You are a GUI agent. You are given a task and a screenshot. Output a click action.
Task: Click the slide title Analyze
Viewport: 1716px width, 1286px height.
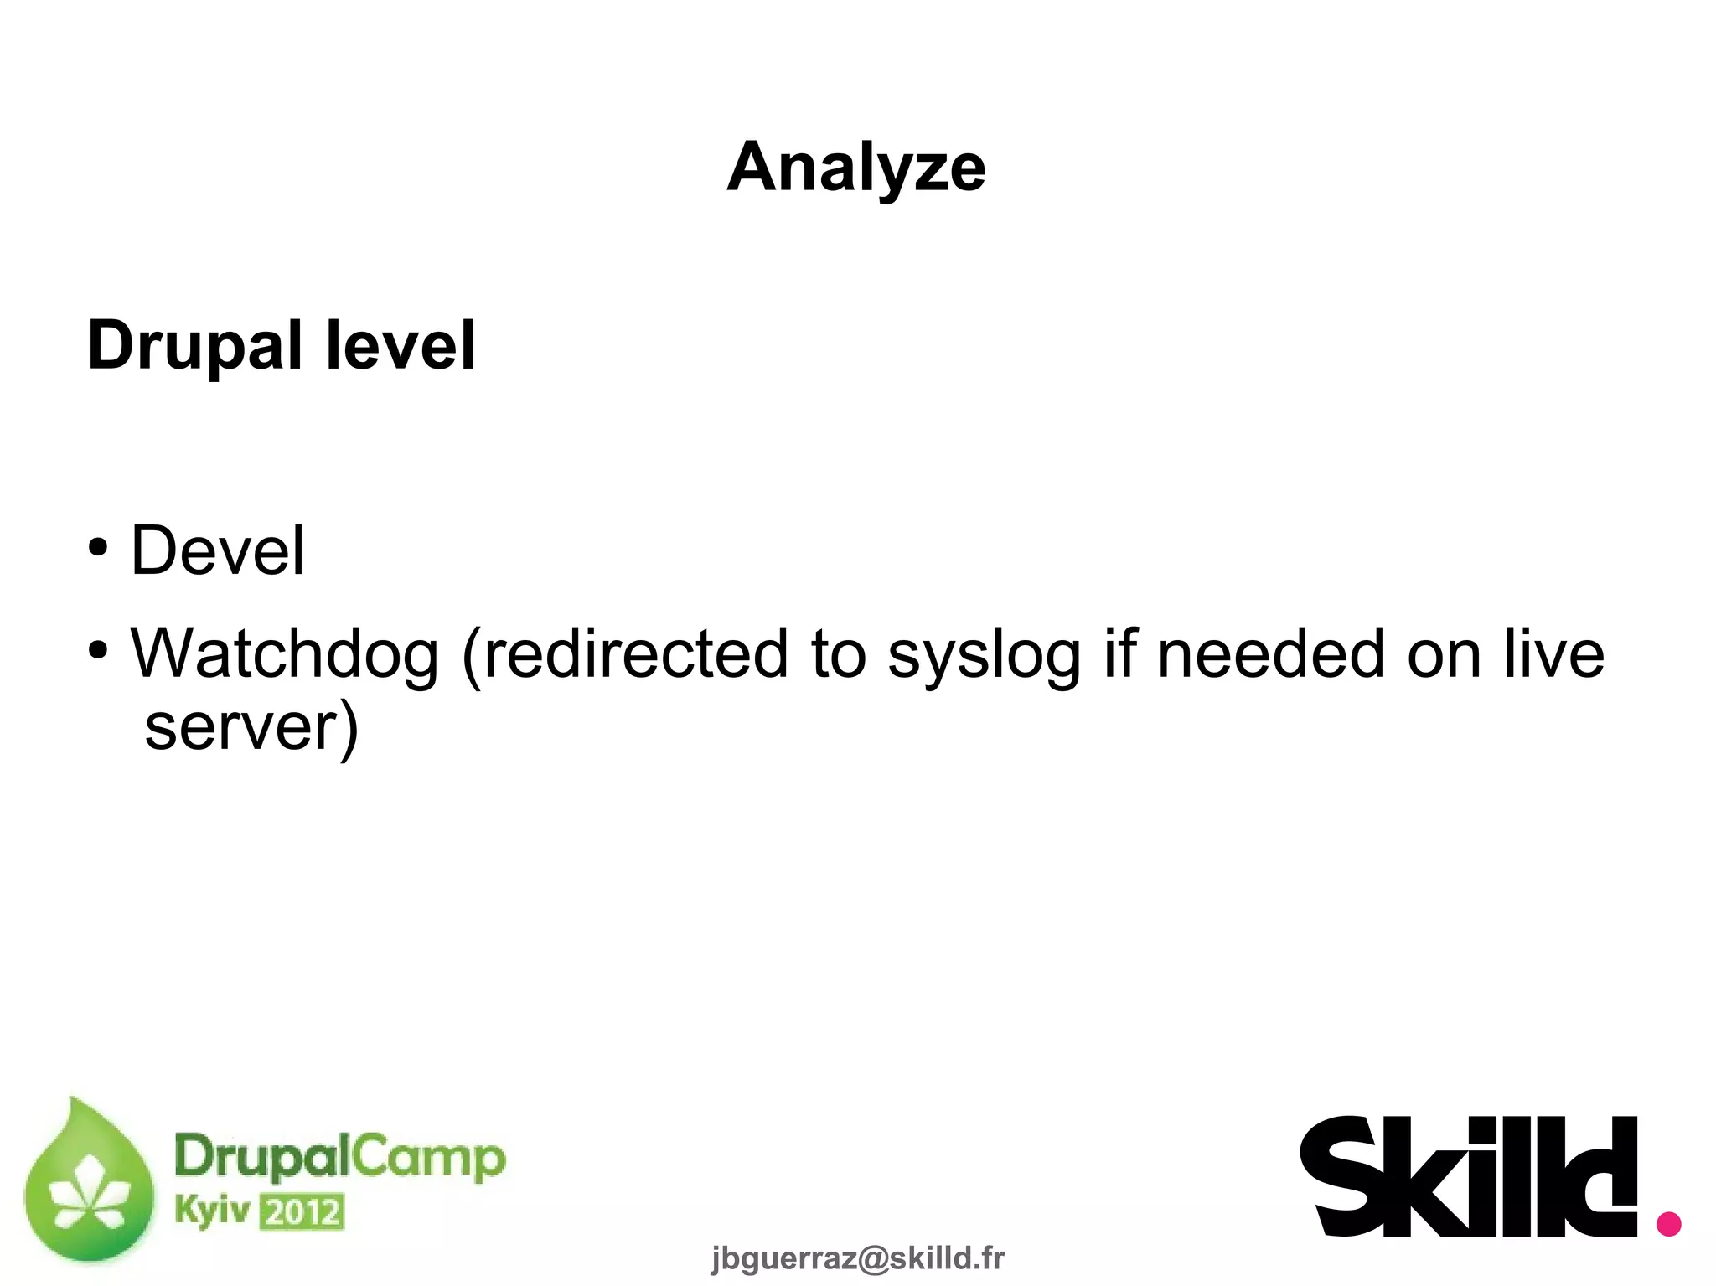(x=856, y=168)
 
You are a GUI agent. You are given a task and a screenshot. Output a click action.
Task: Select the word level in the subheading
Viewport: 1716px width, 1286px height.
(x=401, y=344)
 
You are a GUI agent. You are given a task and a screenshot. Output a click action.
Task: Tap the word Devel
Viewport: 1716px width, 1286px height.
(x=218, y=550)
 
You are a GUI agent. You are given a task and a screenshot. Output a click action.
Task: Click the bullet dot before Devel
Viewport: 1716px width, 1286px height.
(x=98, y=548)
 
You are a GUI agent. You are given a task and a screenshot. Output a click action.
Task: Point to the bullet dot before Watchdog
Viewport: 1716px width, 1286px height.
(x=98, y=650)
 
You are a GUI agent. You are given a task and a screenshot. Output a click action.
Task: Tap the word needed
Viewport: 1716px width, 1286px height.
(x=1270, y=654)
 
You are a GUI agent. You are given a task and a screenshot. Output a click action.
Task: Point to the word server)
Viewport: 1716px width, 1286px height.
(x=251, y=727)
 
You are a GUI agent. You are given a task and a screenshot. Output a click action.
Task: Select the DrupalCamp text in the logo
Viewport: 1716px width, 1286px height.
(x=339, y=1157)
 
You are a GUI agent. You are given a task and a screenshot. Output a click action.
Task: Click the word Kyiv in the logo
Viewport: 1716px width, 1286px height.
(x=212, y=1210)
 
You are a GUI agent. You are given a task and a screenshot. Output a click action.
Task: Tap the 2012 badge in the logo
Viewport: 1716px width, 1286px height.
(x=302, y=1212)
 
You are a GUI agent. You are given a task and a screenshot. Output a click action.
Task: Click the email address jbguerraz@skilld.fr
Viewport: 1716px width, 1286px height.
(x=857, y=1258)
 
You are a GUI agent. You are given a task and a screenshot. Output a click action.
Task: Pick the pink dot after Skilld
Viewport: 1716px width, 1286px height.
(x=1668, y=1223)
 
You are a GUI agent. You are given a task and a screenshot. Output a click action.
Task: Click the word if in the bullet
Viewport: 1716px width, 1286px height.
(x=1119, y=653)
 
